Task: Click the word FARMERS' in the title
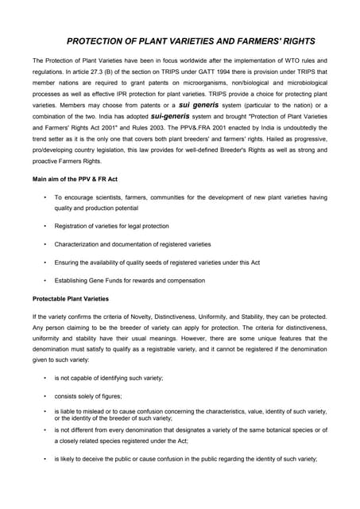[x=257, y=41]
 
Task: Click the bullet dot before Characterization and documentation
[x=45, y=244]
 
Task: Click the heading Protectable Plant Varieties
[x=71, y=299]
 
